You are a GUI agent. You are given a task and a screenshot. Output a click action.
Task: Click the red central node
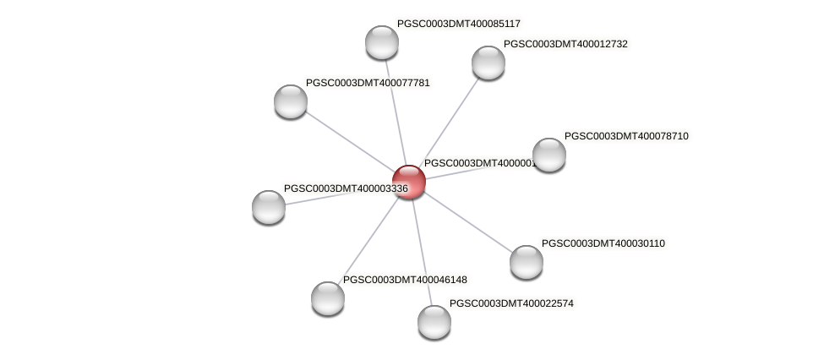pos(408,182)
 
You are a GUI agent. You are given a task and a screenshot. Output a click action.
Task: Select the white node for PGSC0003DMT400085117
pos(382,42)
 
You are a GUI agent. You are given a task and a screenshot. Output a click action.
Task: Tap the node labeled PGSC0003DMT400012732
pos(488,63)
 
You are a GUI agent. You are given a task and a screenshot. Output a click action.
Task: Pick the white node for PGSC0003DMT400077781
pos(291,101)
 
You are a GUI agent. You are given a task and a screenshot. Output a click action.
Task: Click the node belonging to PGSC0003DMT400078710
pos(548,155)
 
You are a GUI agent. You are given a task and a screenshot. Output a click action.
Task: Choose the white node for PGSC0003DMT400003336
pos(269,207)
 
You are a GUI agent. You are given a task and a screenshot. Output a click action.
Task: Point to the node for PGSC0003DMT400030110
pos(526,262)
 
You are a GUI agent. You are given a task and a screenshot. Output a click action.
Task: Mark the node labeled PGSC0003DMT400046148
pos(328,297)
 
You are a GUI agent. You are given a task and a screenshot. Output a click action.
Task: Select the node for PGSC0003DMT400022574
pos(434,321)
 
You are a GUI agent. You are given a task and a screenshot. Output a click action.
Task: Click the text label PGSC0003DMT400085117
pos(459,24)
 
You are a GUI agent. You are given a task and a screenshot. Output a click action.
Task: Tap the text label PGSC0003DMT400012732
pos(565,44)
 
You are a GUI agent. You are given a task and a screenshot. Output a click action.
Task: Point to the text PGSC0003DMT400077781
pos(368,83)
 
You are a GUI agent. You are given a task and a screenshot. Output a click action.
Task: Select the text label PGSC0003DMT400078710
pos(626,136)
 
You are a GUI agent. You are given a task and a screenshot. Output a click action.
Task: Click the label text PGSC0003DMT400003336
pos(346,188)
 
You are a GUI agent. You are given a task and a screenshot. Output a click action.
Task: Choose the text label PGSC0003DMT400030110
pos(603,243)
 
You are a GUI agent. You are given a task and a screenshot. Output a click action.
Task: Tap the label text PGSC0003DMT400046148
pos(405,280)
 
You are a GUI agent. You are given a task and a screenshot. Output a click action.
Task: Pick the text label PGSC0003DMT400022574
pos(511,303)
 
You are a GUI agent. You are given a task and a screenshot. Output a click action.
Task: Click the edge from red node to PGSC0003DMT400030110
pos(467,221)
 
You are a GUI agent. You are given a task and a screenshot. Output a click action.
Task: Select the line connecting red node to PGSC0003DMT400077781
pos(349,141)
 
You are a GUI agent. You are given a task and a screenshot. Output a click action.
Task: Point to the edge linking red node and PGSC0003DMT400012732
pos(448,122)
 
